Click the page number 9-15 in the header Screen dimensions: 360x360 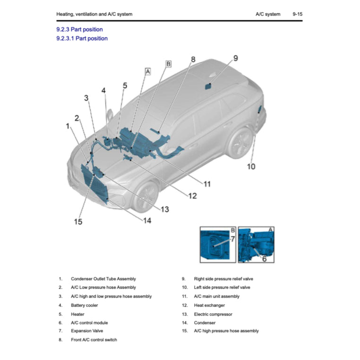[x=297, y=14]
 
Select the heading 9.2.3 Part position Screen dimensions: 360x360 [x=79, y=29]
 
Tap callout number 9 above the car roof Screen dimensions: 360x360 [x=235, y=58]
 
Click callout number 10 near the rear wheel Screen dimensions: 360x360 [x=251, y=166]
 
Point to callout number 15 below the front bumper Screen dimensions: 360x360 [x=78, y=222]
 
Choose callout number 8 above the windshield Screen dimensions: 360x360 [x=193, y=59]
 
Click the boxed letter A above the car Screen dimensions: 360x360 [x=147, y=71]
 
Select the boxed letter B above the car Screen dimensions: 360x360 [x=168, y=63]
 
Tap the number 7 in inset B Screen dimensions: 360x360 [x=232, y=239]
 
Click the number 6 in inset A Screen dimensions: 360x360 [x=264, y=258]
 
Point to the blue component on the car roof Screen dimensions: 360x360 [x=207, y=86]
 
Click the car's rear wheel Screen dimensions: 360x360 [x=240, y=143]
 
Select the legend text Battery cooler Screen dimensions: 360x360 [x=85, y=305]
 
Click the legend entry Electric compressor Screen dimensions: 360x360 [x=213, y=314]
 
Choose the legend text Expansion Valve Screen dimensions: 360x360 [x=87, y=331]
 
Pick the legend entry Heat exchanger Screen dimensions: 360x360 [x=209, y=305]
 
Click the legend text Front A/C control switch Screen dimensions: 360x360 [x=94, y=340]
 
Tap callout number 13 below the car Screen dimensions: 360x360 [x=164, y=209]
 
